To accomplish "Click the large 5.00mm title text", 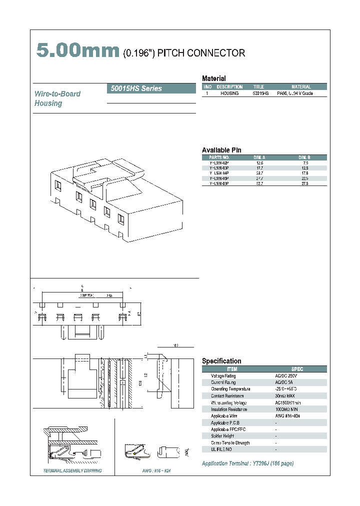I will [x=77, y=51].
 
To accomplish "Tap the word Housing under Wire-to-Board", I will [x=48, y=103].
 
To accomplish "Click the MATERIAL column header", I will [x=301, y=86].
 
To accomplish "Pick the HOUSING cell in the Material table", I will [x=229, y=93].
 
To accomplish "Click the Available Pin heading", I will [x=221, y=150].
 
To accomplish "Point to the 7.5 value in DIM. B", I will [x=305, y=163].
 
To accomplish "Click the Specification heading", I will [x=221, y=361].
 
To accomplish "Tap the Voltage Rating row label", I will [x=223, y=375].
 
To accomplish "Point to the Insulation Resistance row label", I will [x=227, y=409].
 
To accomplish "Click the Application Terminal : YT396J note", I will [x=247, y=463].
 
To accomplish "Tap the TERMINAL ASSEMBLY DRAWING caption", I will [x=72, y=471].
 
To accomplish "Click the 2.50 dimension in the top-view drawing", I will [x=108, y=296].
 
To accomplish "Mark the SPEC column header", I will [x=297, y=369].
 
